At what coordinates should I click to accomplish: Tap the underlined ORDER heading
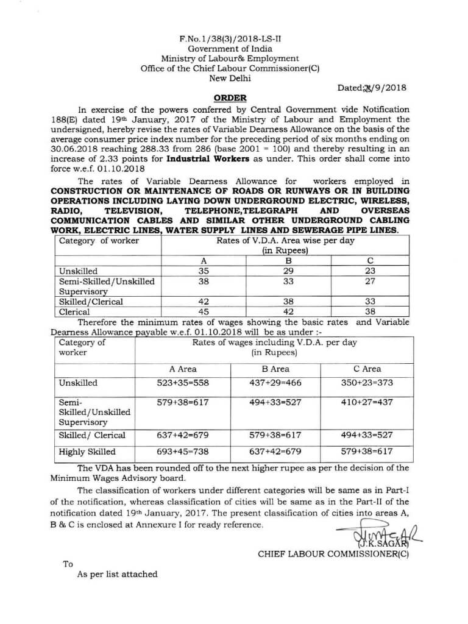click(x=230, y=98)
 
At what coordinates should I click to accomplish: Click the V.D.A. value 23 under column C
click(x=370, y=271)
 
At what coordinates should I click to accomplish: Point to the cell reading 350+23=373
click(x=367, y=383)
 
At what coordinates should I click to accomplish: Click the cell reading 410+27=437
click(x=367, y=403)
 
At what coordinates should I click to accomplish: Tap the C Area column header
click(x=367, y=369)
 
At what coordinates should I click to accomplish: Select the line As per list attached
click(x=117, y=574)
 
